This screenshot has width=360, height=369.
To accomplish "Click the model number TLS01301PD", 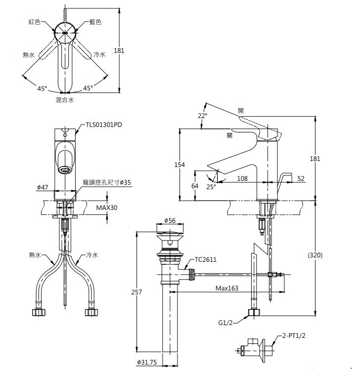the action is [x=104, y=124].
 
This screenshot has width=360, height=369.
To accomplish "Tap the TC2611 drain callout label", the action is [x=205, y=259].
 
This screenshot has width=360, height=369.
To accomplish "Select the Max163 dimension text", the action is [x=227, y=288].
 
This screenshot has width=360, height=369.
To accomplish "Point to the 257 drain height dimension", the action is [x=136, y=292].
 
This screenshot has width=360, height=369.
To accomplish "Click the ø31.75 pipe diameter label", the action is [x=147, y=362].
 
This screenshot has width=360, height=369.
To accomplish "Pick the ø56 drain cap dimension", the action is [x=170, y=220].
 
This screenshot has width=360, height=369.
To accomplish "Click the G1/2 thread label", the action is [x=225, y=323].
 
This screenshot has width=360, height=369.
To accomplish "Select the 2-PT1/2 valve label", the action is [x=294, y=335].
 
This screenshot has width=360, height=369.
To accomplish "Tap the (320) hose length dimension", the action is [x=315, y=255].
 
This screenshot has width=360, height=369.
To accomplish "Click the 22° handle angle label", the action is [x=202, y=116].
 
